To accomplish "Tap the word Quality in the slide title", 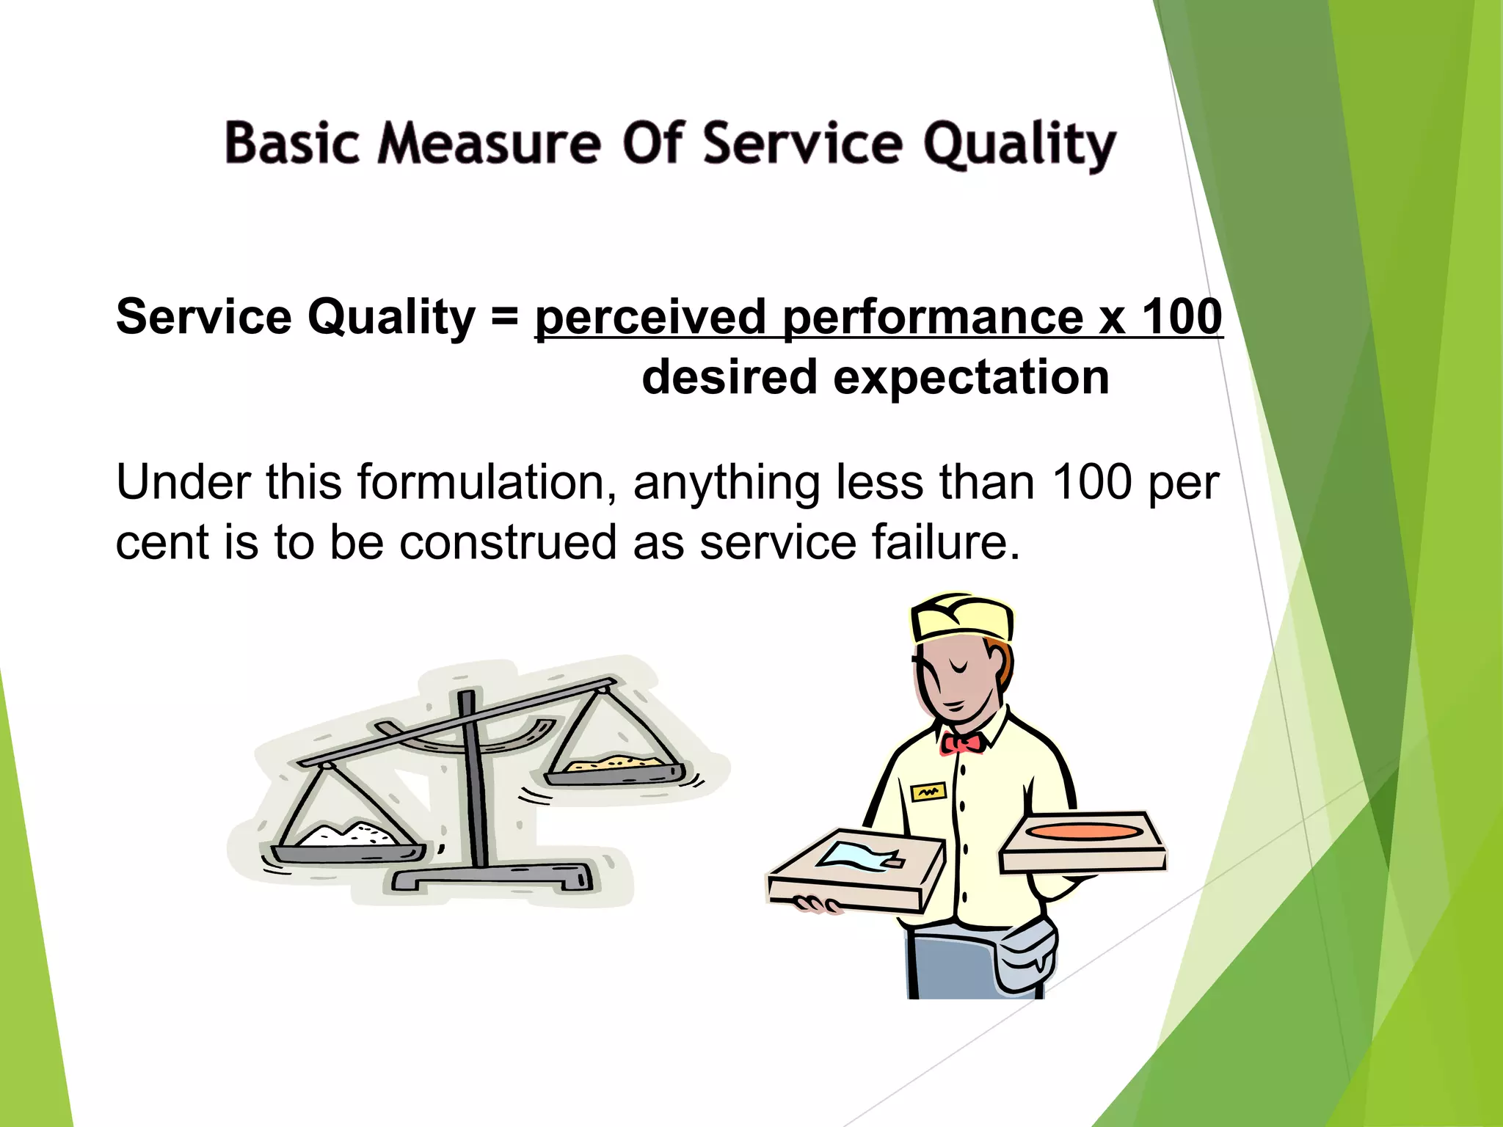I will coord(1019,145).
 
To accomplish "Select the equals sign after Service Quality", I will coord(505,317).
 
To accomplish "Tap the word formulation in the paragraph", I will coord(485,483).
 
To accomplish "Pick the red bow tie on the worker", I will coord(962,743).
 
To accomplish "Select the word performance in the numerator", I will coord(932,317).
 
